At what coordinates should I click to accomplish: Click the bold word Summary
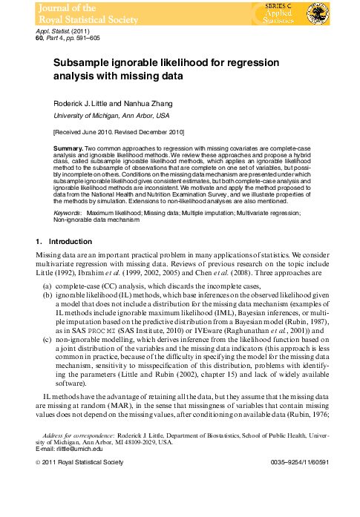(68, 149)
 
